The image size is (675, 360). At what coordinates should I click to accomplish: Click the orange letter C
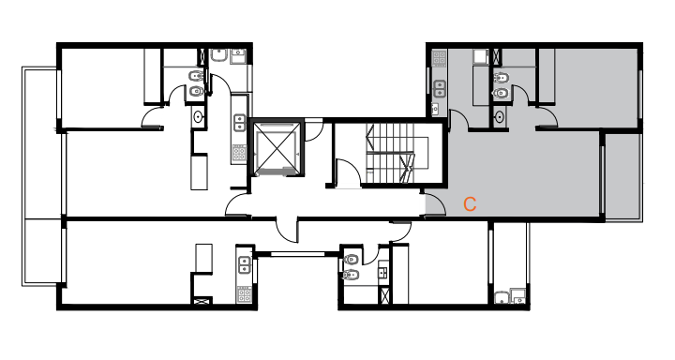pyautogui.click(x=470, y=204)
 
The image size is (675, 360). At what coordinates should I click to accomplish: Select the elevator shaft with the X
pyautogui.click(x=277, y=149)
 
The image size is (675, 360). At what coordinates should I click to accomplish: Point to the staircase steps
pyautogui.click(x=390, y=154)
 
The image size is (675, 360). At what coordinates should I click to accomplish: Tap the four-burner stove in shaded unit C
pyautogui.click(x=439, y=58)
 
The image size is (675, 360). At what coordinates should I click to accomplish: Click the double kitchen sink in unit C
pyautogui.click(x=439, y=89)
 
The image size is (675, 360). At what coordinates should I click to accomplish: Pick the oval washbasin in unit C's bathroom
pyautogui.click(x=500, y=116)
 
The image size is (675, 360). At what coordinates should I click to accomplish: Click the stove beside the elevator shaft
pyautogui.click(x=239, y=153)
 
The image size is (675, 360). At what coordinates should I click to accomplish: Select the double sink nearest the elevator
pyautogui.click(x=240, y=123)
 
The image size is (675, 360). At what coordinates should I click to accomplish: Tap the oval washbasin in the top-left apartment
pyautogui.click(x=198, y=116)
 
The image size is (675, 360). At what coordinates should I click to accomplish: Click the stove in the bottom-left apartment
pyautogui.click(x=244, y=294)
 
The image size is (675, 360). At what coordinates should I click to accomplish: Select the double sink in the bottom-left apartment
pyautogui.click(x=245, y=264)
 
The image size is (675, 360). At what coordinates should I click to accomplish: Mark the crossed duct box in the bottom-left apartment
pyautogui.click(x=202, y=301)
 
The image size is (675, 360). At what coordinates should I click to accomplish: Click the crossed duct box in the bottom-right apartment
pyautogui.click(x=384, y=296)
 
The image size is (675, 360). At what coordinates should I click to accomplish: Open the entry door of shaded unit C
pyautogui.click(x=435, y=204)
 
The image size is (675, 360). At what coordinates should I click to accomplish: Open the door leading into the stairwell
pyautogui.click(x=348, y=174)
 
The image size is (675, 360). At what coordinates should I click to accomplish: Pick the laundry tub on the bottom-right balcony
pyautogui.click(x=502, y=297)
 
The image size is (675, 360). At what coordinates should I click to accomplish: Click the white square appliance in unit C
pyautogui.click(x=480, y=57)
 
